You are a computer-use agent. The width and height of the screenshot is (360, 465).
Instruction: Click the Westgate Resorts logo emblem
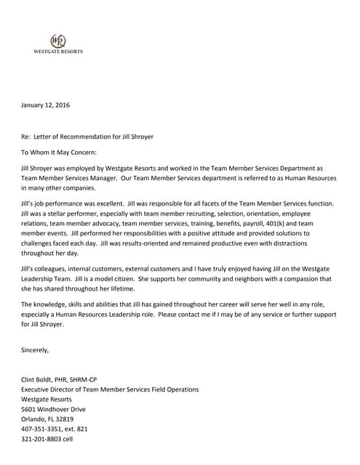tap(57, 41)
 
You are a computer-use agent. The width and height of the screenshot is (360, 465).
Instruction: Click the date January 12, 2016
tap(45, 105)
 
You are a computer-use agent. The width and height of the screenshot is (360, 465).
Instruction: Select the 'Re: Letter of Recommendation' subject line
tap(87, 137)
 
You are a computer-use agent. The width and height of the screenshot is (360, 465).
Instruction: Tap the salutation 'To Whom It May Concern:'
tap(58, 153)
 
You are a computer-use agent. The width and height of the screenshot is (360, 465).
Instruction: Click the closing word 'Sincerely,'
tap(35, 350)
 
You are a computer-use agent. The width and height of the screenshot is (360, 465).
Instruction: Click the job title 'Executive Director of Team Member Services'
tap(109, 389)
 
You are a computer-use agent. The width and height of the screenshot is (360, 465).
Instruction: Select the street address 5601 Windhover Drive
tap(53, 409)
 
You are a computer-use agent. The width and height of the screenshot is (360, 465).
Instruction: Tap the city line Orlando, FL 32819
tap(48, 419)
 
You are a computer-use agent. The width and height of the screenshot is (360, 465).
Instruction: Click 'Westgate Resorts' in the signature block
tap(47, 400)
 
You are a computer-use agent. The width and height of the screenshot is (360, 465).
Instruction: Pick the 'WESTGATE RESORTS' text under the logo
tap(58, 52)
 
